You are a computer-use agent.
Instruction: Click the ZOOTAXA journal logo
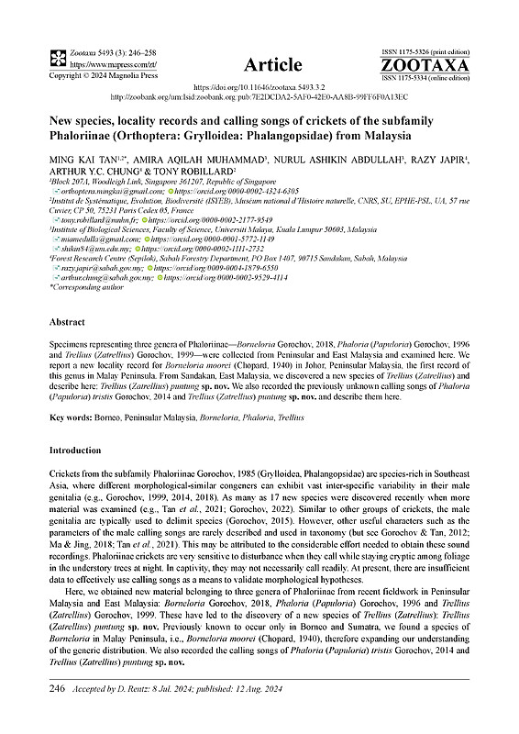(x=425, y=67)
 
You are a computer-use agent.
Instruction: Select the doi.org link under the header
(x=259, y=83)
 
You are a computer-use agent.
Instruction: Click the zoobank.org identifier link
(x=259, y=95)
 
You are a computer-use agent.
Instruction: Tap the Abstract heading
(x=67, y=323)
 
